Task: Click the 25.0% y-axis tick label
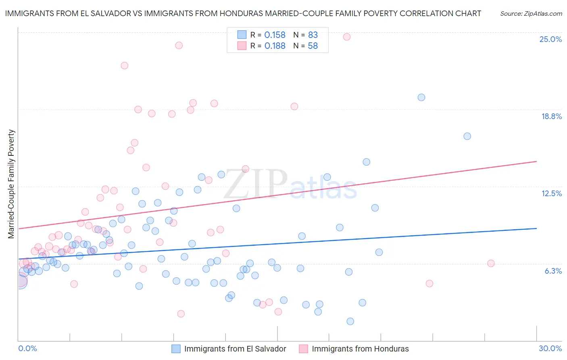550,39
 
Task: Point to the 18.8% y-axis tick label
551,116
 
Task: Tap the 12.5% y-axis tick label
551,193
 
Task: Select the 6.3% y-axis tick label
553,271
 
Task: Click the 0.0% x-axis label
27,348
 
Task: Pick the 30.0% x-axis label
550,348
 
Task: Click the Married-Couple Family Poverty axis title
11,184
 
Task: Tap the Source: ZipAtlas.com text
531,13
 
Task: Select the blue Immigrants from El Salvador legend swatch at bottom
176,349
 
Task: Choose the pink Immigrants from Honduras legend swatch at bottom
304,349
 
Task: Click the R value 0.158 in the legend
275,35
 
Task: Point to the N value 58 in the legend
313,46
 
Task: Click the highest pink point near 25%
347,37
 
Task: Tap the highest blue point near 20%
421,97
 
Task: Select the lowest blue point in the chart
350,321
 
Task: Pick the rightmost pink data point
491,263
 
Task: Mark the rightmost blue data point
467,136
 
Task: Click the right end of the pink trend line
536,161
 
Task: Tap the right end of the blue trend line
536,228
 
